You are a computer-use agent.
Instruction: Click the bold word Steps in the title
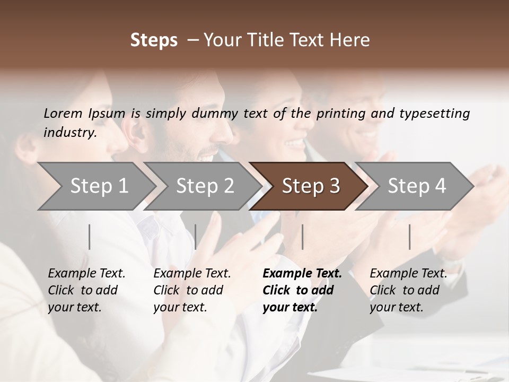click(x=154, y=40)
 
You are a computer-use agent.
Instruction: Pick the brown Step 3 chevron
click(x=310, y=186)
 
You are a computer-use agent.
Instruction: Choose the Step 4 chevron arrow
click(x=417, y=186)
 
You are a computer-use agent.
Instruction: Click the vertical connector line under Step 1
click(x=90, y=237)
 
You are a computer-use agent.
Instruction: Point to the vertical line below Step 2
click(x=196, y=237)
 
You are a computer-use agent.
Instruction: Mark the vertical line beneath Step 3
click(x=302, y=237)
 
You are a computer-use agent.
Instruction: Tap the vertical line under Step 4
click(x=410, y=237)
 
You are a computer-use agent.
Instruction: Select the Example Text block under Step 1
click(x=86, y=290)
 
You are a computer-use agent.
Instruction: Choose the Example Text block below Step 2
click(x=192, y=290)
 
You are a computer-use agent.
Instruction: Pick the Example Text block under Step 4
click(x=408, y=290)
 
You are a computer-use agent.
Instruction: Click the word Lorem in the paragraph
click(x=63, y=113)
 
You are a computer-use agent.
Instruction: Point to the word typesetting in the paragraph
click(x=434, y=113)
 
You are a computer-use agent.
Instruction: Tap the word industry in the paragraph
click(x=70, y=132)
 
